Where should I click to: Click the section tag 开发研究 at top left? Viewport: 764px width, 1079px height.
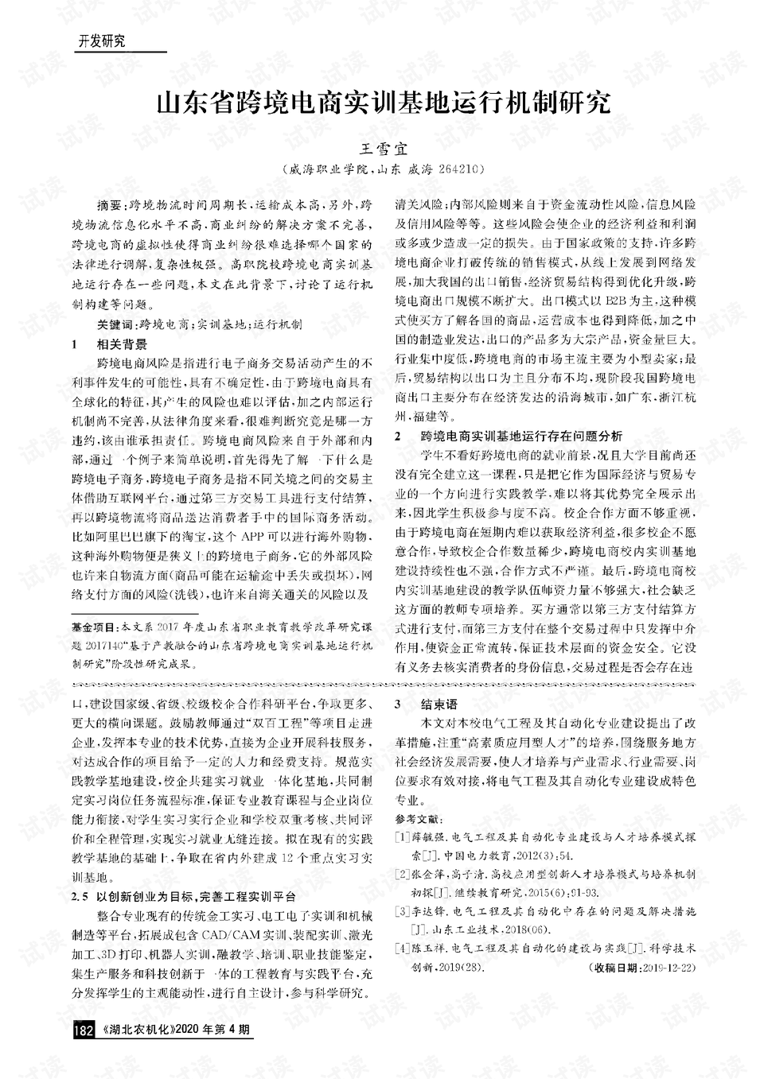click(101, 42)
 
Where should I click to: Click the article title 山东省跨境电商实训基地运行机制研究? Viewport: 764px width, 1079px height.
click(382, 103)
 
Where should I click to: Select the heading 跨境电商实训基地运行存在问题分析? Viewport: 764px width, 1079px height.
click(520, 437)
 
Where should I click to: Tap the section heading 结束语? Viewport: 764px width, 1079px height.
click(439, 704)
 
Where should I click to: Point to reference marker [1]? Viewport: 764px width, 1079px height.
click(402, 837)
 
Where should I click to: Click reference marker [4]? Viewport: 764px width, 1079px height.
click(402, 949)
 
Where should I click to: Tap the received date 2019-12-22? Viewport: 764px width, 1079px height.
click(668, 967)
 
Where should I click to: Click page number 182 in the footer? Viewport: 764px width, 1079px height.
click(84, 1030)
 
